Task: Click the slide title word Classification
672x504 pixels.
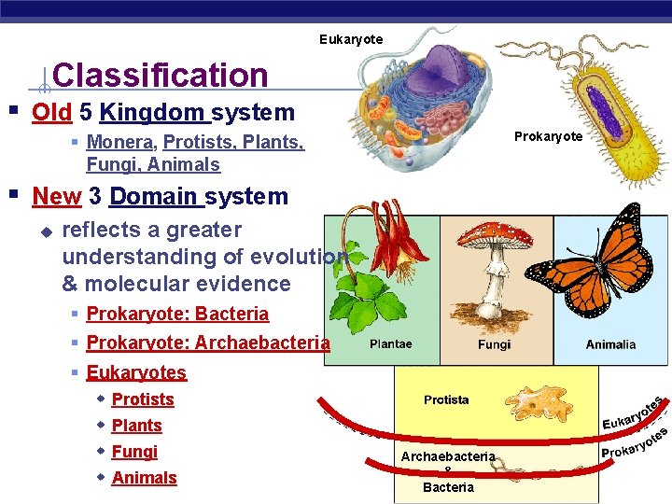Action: pyautogui.click(x=161, y=75)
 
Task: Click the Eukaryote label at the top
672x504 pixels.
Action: pyautogui.click(x=350, y=39)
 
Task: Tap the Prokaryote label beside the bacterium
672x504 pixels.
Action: pyautogui.click(x=548, y=136)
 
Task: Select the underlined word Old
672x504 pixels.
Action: pyautogui.click(x=51, y=113)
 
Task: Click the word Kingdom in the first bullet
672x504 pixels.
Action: pyautogui.click(x=153, y=113)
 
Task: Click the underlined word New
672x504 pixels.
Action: pyautogui.click(x=56, y=197)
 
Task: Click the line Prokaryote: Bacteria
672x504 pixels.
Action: pyautogui.click(x=177, y=315)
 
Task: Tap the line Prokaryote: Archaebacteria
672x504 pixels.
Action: pyautogui.click(x=207, y=343)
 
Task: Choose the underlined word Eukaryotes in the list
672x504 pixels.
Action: pyautogui.click(x=136, y=373)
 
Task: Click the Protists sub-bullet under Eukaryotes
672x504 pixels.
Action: pyautogui.click(x=143, y=399)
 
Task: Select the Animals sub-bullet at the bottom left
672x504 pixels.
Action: pyautogui.click(x=144, y=478)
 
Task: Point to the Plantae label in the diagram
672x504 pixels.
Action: pyautogui.click(x=390, y=344)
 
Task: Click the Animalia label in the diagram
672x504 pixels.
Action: pyautogui.click(x=610, y=344)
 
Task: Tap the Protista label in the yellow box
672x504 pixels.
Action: pyautogui.click(x=446, y=399)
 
